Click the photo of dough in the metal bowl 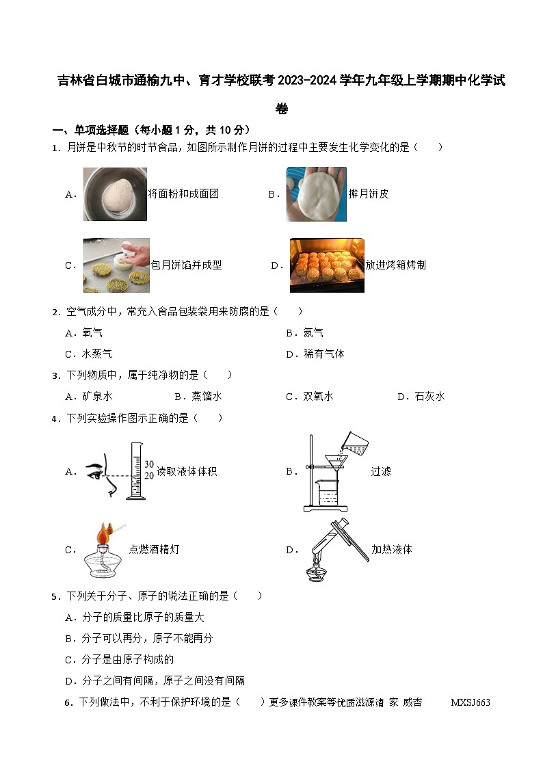pos(115,194)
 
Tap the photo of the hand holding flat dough pos(316,194)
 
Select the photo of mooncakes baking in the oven pos(327,265)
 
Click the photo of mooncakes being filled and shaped pos(116,265)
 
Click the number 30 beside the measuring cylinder pos(149,464)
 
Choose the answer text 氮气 pos(313,333)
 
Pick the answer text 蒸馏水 pos(207,396)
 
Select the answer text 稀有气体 pos(324,354)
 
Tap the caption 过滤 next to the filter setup pos(381,471)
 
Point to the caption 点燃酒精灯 pos(154,549)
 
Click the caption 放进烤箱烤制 pos(395,265)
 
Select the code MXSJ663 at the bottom pos(471,702)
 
